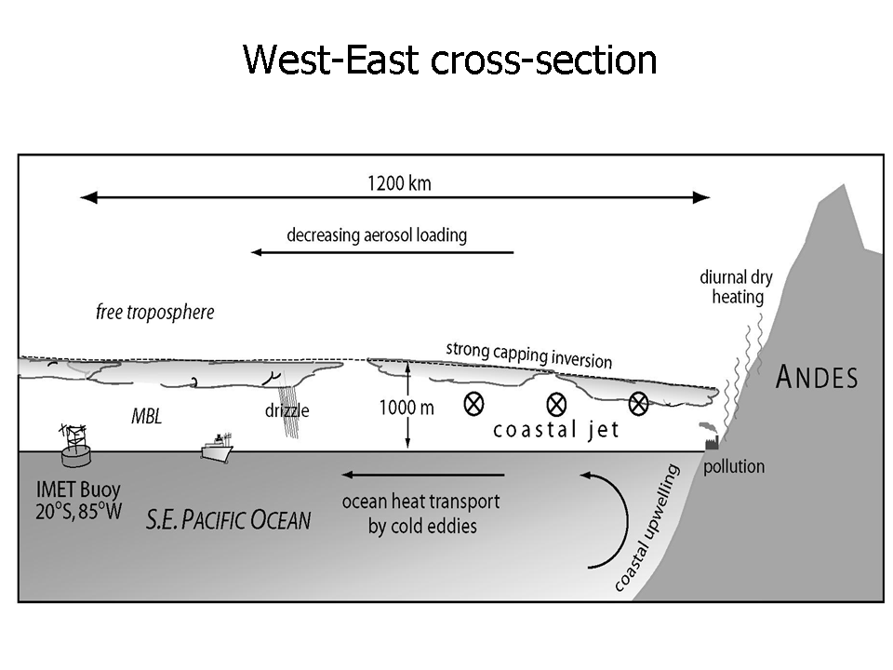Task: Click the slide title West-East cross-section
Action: [449, 60]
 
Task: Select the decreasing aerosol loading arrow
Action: [381, 252]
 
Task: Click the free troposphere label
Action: [154, 312]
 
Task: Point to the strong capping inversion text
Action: [528, 354]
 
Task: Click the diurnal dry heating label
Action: [737, 287]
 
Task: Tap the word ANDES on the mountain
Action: [816, 377]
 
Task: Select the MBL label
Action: [145, 417]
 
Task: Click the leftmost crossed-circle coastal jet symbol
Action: [474, 403]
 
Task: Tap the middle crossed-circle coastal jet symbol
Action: [556, 403]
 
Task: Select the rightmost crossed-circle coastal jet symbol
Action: [638, 403]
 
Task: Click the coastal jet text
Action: [555, 431]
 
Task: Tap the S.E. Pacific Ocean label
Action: [228, 519]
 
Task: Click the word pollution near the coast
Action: [733, 466]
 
